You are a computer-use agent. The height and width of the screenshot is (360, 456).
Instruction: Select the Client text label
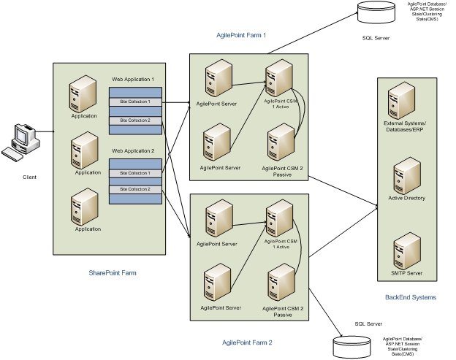[x=28, y=177]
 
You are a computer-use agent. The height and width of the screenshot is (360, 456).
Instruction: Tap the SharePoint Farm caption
[x=113, y=272]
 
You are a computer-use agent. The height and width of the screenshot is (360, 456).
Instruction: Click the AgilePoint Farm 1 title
[x=241, y=34]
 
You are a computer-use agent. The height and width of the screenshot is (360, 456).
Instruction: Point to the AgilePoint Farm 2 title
[x=247, y=342]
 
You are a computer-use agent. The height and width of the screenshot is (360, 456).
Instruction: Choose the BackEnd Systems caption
[x=411, y=297]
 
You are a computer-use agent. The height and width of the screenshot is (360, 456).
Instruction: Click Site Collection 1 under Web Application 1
[x=134, y=102]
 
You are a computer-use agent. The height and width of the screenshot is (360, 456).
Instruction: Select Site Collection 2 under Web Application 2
[x=134, y=189]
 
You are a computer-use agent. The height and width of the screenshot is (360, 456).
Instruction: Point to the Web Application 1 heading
[x=133, y=78]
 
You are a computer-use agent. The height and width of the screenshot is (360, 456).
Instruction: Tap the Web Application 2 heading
[x=133, y=151]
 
